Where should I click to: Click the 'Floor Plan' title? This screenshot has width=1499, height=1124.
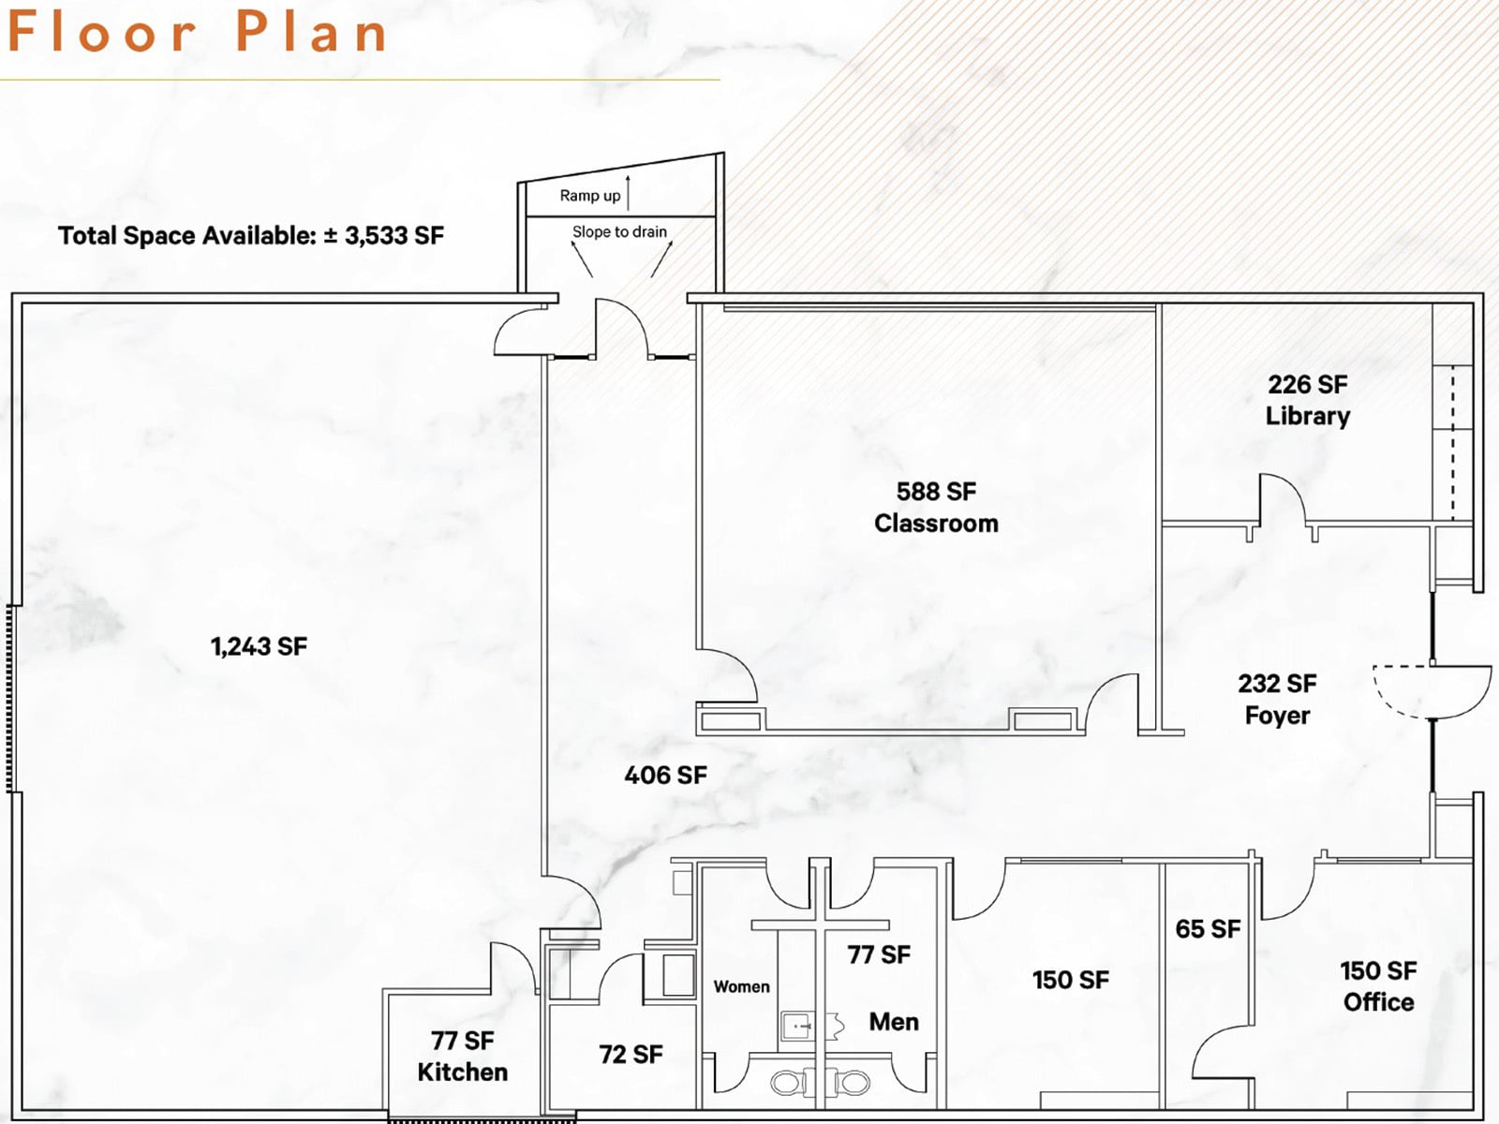(x=198, y=32)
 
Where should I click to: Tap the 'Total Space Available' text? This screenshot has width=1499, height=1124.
(x=251, y=235)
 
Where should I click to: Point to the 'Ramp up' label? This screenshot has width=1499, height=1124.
(x=590, y=196)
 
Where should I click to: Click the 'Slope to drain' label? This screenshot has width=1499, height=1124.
(x=619, y=232)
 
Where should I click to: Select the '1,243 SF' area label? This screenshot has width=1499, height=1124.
(x=259, y=646)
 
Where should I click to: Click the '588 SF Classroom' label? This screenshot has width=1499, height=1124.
(x=936, y=507)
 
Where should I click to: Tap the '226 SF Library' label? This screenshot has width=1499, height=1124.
(x=1308, y=400)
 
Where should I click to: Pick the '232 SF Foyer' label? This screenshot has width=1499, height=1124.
(x=1277, y=699)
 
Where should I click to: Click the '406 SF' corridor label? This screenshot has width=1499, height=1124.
(x=666, y=776)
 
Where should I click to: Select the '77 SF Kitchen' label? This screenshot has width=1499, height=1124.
(x=462, y=1057)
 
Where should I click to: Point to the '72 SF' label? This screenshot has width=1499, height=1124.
(x=631, y=1055)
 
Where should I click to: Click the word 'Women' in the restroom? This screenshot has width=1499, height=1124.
(x=742, y=987)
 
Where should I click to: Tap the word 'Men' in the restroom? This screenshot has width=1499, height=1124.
(x=894, y=1022)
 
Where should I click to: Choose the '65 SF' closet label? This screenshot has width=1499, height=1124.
(x=1208, y=929)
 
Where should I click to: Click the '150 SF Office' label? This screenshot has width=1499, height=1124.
(x=1378, y=986)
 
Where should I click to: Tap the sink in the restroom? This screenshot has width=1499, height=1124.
(x=797, y=1026)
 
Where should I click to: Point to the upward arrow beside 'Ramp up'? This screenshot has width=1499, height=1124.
(x=628, y=192)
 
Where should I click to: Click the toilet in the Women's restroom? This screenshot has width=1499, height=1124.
(x=791, y=1083)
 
